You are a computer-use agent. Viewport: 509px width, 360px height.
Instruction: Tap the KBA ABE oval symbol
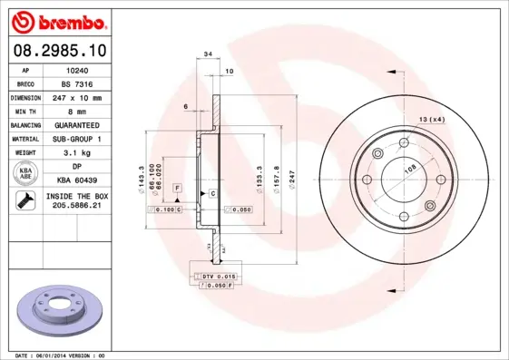[26, 174]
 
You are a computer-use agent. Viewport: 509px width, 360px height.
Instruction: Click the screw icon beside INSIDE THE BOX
[25, 201]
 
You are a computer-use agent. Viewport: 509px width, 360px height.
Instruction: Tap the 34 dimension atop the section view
[209, 55]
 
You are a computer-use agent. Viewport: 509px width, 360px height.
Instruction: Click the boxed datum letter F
[177, 187]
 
